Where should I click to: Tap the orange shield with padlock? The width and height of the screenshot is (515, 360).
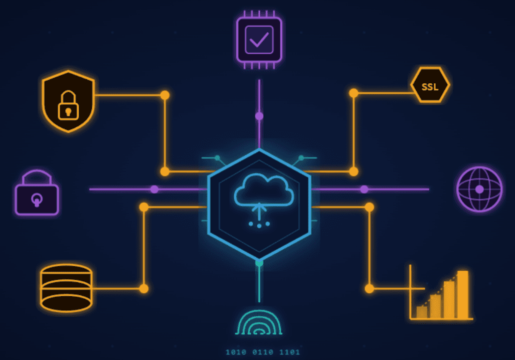(68, 101)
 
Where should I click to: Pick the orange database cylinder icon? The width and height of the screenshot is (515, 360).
(66, 288)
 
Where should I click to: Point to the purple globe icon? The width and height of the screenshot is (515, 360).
(479, 189)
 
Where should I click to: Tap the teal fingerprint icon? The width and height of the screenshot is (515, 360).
(259, 323)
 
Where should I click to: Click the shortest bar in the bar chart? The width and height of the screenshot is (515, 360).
(422, 312)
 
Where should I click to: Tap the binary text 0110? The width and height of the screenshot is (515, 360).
(263, 352)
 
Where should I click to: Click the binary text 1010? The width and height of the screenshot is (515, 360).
(236, 352)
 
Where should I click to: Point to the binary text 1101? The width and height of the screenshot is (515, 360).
(289, 352)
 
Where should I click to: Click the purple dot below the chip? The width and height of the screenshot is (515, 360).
(259, 116)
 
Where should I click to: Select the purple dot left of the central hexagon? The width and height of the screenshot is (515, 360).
(154, 189)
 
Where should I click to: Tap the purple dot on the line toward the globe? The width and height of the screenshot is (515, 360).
(364, 189)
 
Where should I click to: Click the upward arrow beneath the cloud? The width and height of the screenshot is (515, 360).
(259, 210)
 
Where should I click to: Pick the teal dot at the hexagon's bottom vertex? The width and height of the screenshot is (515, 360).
(259, 262)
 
